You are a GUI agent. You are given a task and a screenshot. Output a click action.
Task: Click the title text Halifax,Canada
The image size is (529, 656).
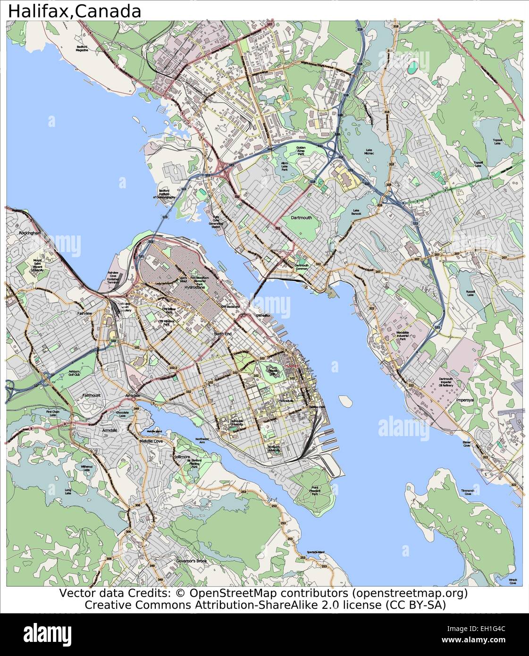tap(75, 11)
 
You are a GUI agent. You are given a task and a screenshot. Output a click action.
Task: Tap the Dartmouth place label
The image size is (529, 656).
tap(301, 218)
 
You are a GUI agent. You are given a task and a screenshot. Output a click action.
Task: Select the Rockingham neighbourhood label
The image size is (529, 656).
tap(30, 233)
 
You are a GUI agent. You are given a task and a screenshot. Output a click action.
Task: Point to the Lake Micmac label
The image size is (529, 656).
tap(369, 152)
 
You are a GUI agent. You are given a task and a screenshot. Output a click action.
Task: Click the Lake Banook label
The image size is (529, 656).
tap(356, 212)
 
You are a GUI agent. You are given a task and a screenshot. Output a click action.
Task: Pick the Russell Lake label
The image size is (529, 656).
tap(470, 293)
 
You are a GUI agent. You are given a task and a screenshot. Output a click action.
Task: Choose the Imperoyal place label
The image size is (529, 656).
tap(464, 400)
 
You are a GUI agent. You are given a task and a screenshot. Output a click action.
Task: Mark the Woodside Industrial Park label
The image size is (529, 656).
tap(403, 336)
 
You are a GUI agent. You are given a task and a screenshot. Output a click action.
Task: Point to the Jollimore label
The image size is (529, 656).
tap(181, 457)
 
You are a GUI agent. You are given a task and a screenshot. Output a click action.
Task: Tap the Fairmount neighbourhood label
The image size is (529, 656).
tap(92, 395)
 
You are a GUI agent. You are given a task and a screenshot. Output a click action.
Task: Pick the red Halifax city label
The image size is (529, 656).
tap(292, 366)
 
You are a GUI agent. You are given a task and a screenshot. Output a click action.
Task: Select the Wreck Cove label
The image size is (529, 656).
tap(512, 581)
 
